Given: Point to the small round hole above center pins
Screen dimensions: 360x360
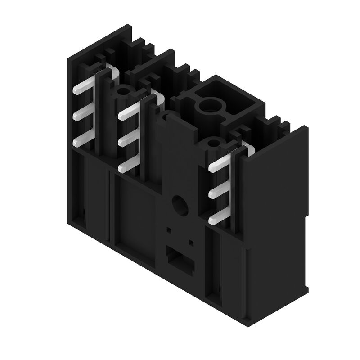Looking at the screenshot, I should coord(122,92).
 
